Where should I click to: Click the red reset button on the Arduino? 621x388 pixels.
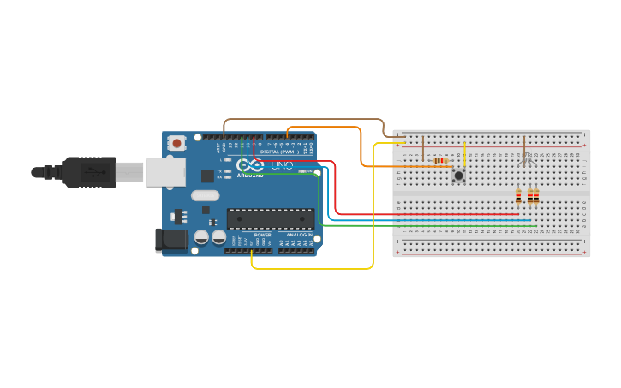[x=176, y=143]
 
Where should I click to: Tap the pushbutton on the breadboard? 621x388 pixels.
[x=459, y=176]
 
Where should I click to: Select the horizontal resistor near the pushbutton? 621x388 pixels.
[x=440, y=160]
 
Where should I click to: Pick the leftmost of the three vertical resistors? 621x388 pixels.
[x=518, y=197]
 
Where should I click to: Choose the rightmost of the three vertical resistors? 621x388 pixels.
[x=536, y=197]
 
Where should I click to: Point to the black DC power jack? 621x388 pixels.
[x=170, y=240]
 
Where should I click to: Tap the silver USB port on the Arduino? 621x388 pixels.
[x=164, y=171]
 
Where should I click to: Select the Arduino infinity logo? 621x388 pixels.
[x=250, y=164]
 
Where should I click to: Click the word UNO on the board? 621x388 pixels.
[x=281, y=164]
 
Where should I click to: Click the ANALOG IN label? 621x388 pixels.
[x=299, y=235]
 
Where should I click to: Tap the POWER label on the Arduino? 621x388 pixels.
[x=262, y=235]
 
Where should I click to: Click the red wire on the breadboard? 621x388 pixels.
[x=428, y=214]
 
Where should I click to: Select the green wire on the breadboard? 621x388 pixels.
[x=428, y=226]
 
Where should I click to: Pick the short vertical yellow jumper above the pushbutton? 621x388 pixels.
[x=464, y=154]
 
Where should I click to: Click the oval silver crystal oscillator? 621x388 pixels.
[x=206, y=195]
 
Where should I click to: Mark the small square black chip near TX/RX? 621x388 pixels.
[x=207, y=176]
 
